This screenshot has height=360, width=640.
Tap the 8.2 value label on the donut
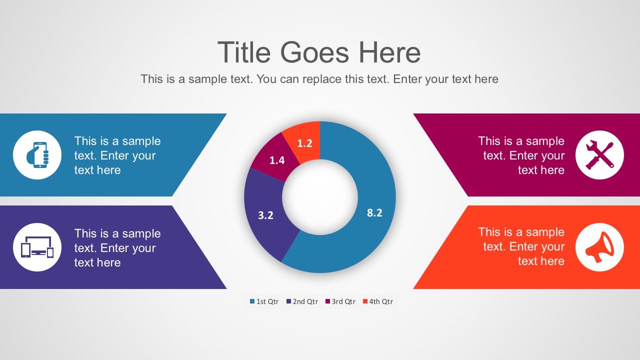click(x=374, y=212)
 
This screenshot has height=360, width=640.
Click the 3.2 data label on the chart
click(x=265, y=215)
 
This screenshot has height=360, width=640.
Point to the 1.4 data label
click(x=277, y=160)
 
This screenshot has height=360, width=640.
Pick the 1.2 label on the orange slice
click(x=304, y=143)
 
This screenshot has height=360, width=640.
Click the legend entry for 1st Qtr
click(x=264, y=301)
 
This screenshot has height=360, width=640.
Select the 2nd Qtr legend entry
click(x=302, y=301)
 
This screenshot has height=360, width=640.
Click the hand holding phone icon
click(x=37, y=154)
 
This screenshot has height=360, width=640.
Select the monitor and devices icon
click(x=37, y=247)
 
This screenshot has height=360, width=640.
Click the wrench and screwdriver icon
click(x=599, y=154)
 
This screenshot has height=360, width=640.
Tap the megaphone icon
click(x=599, y=247)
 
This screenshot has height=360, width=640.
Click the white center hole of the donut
click(x=320, y=197)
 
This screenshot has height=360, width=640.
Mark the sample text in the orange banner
click(x=521, y=246)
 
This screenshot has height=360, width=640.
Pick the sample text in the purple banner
click(x=117, y=248)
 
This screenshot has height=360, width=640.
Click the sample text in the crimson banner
click(x=521, y=155)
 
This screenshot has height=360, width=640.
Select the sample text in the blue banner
click(x=117, y=155)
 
